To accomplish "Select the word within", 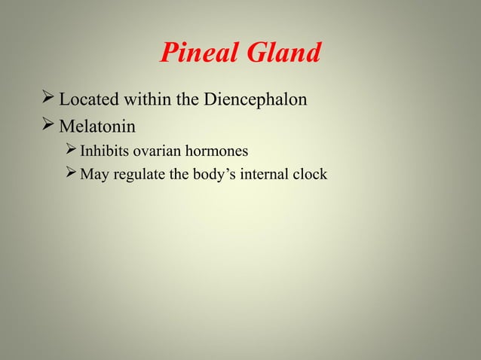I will pyautogui.click(x=147, y=99).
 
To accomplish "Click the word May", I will pyautogui.click(x=94, y=175).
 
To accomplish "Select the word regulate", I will pyautogui.click(x=136, y=175).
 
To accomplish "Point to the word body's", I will pyautogui.click(x=211, y=175).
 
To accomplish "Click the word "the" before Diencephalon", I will pyautogui.click(x=188, y=99).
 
